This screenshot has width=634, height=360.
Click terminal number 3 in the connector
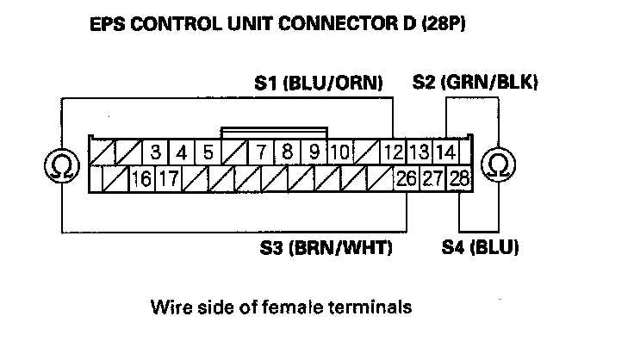click(x=156, y=154)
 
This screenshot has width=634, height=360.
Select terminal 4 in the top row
click(x=182, y=154)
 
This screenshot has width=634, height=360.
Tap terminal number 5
click(x=208, y=154)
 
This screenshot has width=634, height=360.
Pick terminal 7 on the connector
click(x=260, y=154)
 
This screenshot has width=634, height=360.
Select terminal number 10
click(x=339, y=154)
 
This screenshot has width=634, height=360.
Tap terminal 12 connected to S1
click(x=393, y=154)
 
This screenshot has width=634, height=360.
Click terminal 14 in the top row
click(x=444, y=154)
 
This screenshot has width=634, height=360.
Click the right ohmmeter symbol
click(x=497, y=164)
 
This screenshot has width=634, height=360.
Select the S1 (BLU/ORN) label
click(x=319, y=83)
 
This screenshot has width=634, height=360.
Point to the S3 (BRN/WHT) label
click(x=326, y=249)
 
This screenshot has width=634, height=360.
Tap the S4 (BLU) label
click(x=479, y=249)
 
